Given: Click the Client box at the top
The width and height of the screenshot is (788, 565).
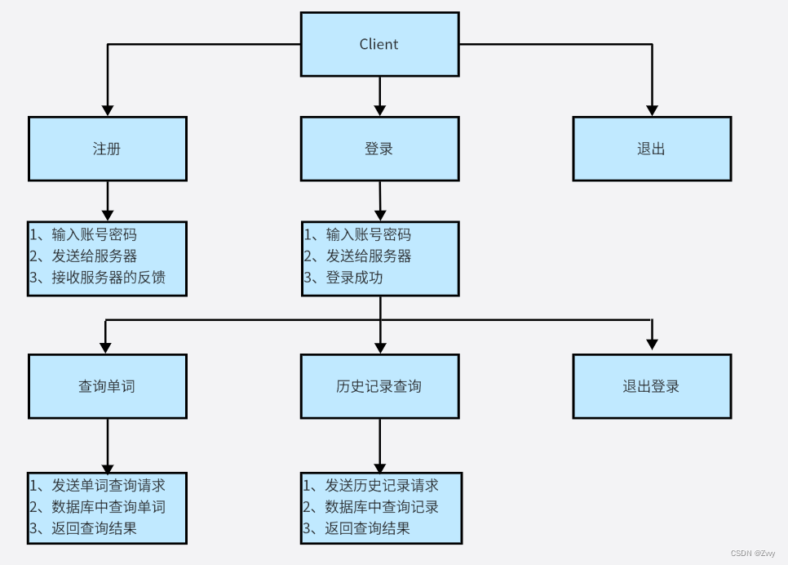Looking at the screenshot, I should [x=379, y=44].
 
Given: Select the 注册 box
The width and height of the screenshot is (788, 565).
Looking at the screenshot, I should [x=107, y=149].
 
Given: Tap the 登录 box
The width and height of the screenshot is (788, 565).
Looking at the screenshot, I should [x=379, y=149].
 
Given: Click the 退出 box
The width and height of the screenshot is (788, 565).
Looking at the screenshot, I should [x=651, y=149].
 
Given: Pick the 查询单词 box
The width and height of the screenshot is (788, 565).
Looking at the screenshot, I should [x=107, y=386].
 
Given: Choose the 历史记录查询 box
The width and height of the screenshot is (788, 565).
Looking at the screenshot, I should [x=379, y=386].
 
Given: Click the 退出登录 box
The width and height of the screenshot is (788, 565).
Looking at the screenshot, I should [x=651, y=386].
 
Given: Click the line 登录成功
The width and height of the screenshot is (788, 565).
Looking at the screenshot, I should [x=354, y=278].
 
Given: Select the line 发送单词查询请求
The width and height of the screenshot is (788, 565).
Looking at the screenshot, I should [x=108, y=486].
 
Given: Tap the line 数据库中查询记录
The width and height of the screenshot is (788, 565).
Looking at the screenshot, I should [x=382, y=507].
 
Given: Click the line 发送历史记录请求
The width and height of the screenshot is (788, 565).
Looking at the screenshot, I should [x=382, y=486].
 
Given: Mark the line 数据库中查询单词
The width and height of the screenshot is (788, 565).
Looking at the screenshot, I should [x=108, y=507].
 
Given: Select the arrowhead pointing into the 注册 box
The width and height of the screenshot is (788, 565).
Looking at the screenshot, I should [x=107, y=110].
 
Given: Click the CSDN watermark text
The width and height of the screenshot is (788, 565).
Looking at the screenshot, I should [x=752, y=553].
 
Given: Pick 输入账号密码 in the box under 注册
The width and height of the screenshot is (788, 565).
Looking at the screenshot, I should [x=94, y=235].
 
